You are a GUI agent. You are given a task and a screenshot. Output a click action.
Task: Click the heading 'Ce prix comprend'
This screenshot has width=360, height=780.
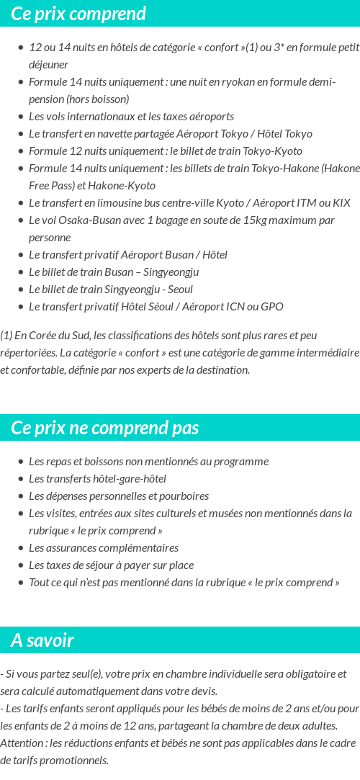click(78, 14)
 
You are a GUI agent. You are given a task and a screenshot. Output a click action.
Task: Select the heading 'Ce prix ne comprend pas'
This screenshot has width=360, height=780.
click(104, 428)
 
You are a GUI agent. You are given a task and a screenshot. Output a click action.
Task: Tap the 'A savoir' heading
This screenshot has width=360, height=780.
click(42, 640)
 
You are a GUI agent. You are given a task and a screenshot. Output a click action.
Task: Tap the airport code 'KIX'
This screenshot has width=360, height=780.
click(341, 203)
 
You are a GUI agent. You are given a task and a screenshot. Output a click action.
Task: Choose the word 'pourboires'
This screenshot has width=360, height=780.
click(186, 496)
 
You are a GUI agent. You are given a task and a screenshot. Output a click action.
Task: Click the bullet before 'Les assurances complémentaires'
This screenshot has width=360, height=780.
click(21, 548)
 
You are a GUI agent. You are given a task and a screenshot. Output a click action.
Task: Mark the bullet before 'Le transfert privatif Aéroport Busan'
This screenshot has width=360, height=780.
click(21, 255)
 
